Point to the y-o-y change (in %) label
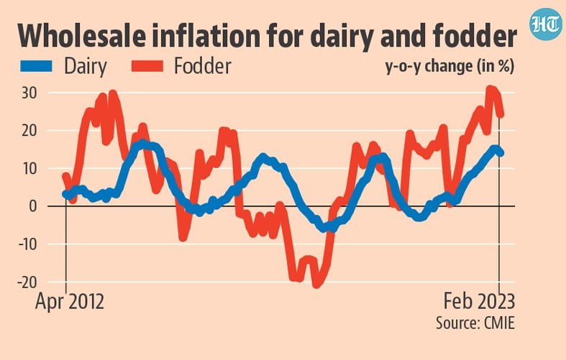(x=460, y=68)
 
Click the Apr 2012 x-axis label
(x=70, y=302)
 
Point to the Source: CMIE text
(x=475, y=323)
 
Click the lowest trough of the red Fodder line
(x=316, y=285)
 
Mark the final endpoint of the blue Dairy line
(x=501, y=152)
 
